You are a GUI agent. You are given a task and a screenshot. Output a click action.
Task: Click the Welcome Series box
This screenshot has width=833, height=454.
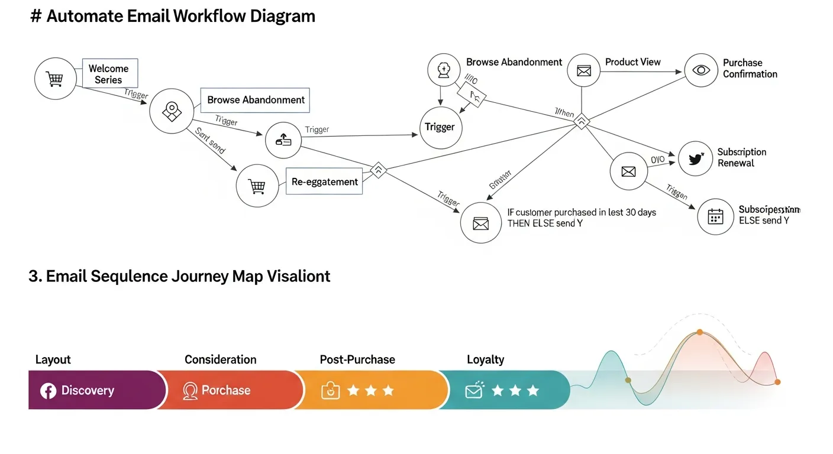click(109, 74)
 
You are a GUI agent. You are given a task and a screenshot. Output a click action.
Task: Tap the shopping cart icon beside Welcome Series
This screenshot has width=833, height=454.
click(55, 78)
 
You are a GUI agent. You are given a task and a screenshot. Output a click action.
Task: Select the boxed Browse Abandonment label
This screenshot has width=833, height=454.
click(256, 100)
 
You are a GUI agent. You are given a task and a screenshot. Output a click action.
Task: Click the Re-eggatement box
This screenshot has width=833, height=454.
click(325, 181)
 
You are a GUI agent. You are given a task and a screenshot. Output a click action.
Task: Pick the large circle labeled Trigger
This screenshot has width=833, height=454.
click(440, 127)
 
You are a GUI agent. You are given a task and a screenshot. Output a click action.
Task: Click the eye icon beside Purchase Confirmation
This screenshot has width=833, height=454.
click(701, 70)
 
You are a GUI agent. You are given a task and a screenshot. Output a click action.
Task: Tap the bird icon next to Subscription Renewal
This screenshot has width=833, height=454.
click(695, 158)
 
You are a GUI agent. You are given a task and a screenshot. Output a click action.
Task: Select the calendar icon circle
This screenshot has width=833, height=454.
click(715, 216)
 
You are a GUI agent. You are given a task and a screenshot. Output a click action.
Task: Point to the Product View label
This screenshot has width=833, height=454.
click(632, 62)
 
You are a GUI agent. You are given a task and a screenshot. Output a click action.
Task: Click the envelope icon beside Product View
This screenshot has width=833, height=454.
click(584, 71)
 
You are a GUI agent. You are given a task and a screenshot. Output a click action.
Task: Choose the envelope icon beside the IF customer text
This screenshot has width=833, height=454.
click(480, 223)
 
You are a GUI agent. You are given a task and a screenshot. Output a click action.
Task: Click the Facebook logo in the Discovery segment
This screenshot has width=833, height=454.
click(48, 391)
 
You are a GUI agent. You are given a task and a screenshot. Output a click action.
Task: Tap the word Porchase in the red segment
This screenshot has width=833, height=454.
click(225, 391)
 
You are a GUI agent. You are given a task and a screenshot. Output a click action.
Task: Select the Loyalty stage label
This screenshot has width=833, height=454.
click(485, 359)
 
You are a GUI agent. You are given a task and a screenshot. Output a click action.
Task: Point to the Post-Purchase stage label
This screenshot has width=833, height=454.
click(357, 359)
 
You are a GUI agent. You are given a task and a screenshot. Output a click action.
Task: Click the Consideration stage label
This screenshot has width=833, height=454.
click(220, 359)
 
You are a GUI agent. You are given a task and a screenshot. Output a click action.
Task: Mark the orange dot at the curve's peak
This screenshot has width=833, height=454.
click(699, 332)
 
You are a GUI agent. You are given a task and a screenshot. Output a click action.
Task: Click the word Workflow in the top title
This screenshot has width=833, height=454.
click(205, 16)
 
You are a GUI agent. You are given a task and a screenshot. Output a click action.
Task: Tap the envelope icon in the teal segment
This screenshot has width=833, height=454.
click(474, 390)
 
